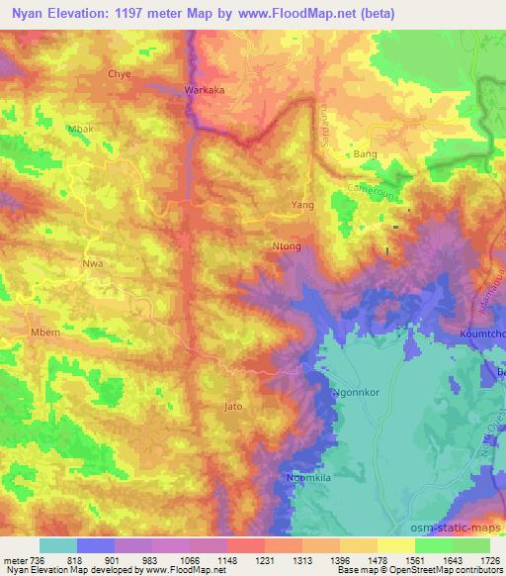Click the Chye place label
(119, 74)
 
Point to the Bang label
(366, 155)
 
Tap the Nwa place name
(92, 265)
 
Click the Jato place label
(234, 406)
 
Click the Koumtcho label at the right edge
(483, 334)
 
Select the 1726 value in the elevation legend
(489, 560)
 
